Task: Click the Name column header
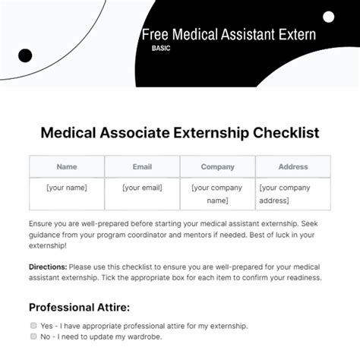(x=67, y=166)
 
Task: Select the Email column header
(x=142, y=166)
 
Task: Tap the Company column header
(x=217, y=166)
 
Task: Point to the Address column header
(x=292, y=166)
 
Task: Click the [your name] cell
(x=67, y=188)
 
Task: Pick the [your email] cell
(x=142, y=188)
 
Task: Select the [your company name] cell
(x=217, y=194)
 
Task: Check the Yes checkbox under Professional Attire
(x=33, y=325)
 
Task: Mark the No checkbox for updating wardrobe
(x=33, y=336)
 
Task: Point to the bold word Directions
(x=48, y=267)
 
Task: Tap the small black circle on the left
(x=25, y=55)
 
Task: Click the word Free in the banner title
(x=155, y=34)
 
